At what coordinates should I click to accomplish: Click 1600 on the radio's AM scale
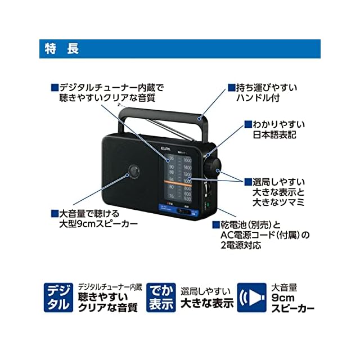click(187, 160)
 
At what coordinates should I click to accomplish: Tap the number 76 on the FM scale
click(171, 196)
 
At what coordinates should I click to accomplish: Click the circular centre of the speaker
click(133, 171)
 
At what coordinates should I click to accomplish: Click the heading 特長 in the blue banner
click(61, 49)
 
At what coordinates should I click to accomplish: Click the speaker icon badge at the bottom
click(251, 298)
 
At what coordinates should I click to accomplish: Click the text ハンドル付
click(250, 99)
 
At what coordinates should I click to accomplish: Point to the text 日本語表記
click(274, 136)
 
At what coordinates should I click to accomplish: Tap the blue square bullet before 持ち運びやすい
click(231, 88)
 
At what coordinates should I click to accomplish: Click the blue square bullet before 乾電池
click(215, 224)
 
